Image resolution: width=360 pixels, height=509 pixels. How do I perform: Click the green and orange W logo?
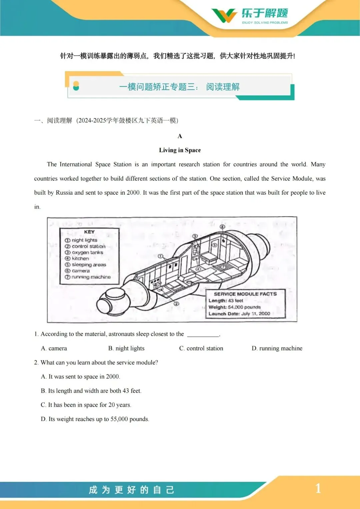coord(224,15)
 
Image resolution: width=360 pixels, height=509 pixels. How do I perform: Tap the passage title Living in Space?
coord(180,150)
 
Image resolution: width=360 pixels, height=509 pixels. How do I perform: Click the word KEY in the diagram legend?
coord(89,232)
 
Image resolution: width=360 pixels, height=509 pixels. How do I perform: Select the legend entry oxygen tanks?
coord(87,252)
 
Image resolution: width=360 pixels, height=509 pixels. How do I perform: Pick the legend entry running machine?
coord(91,277)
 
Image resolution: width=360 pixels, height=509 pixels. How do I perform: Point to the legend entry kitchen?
coord(80,258)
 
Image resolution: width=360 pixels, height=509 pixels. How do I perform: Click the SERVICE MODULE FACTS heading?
coord(245,294)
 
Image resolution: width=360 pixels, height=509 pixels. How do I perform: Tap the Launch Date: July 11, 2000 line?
coord(239,314)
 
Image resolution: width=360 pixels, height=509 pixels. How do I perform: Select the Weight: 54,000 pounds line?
coord(234,307)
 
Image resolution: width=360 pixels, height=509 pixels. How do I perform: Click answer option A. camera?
coord(54,348)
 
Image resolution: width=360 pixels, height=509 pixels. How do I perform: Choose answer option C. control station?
coord(201,348)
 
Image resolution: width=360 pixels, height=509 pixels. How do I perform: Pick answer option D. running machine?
coord(277,348)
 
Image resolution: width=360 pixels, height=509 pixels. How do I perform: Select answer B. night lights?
coord(126,348)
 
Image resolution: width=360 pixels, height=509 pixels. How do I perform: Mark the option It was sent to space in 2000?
coord(80,377)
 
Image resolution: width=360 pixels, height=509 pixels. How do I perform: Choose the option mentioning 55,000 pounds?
coord(95,419)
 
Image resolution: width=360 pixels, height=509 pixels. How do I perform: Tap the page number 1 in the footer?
coord(318,488)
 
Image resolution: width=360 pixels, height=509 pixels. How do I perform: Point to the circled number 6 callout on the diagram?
coord(222,227)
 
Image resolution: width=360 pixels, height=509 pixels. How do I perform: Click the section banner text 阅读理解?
coord(223,87)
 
